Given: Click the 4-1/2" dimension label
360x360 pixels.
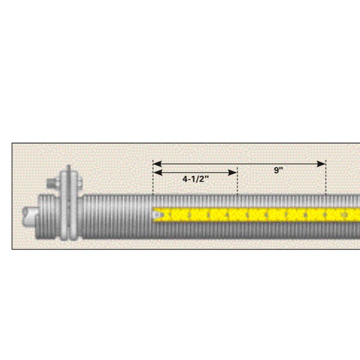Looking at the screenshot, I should point(196,179).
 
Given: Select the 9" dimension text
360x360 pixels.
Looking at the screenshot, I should point(278,170).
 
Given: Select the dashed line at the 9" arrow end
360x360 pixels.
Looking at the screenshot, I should point(326,183).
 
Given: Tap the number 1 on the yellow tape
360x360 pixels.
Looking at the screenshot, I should point(170,214).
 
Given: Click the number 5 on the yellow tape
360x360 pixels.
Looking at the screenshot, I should point(248,214).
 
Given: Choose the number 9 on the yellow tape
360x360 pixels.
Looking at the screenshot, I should point(326,214).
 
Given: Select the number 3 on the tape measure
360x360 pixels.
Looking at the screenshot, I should point(209,214).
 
